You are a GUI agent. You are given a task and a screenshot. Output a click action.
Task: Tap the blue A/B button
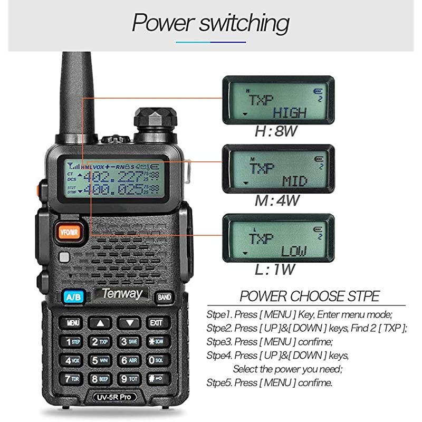pos(71,296)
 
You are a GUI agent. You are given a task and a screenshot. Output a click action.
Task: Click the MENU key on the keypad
pos(73,322)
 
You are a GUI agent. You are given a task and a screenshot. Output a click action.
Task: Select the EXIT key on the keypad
pos(156,322)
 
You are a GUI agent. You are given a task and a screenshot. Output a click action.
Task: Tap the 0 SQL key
pos(156,360)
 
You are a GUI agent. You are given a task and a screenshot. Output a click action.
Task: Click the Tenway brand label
pos(121,294)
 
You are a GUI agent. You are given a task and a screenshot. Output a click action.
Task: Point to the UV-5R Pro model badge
pos(114,397)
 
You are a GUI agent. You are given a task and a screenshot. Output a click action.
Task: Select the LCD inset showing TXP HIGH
pos(277,100)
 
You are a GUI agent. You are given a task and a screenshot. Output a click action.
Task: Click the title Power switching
pos(210,23)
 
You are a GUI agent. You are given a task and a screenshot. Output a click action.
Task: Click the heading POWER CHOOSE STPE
pos(309,296)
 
